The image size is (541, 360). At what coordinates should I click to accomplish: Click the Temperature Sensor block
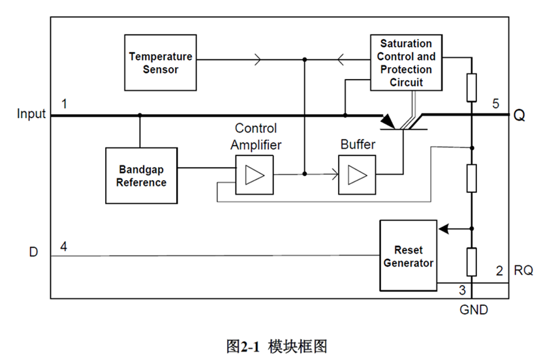[160, 63]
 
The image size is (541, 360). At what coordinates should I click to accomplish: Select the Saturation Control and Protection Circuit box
[406, 63]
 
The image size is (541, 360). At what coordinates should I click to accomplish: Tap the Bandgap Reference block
[141, 175]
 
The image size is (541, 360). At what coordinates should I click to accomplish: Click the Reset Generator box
[408, 256]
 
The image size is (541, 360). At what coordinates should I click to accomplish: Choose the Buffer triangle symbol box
[357, 175]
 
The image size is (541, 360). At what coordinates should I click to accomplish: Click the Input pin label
[31, 114]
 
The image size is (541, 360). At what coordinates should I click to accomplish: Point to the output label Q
[519, 116]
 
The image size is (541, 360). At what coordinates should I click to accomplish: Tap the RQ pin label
[523, 271]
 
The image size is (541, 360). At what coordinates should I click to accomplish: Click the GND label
[473, 310]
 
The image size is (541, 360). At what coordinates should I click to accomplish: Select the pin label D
[33, 251]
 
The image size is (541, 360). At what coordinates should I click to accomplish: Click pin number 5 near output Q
[496, 104]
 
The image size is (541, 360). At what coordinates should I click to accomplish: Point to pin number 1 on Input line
[64, 104]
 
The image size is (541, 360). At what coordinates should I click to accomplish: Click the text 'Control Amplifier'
[256, 136]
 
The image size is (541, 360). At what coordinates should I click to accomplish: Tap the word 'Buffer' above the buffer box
[357, 144]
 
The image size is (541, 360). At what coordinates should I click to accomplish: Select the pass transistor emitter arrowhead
[388, 121]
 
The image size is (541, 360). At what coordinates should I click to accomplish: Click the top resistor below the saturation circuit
[471, 87]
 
